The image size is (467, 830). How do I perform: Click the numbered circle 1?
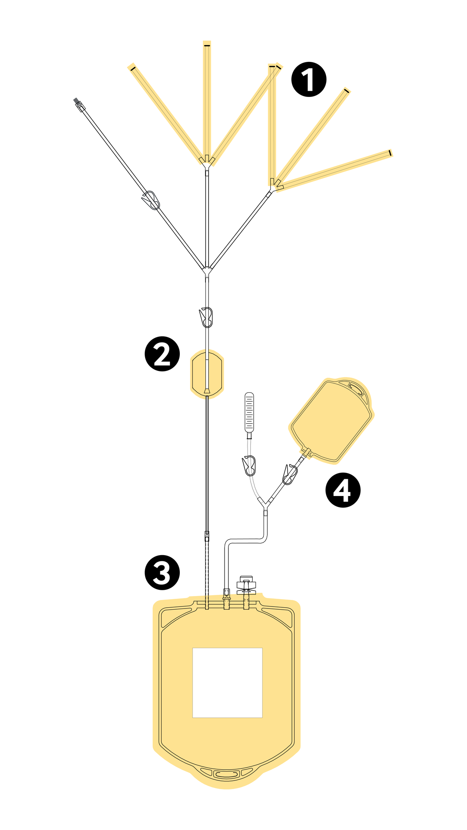click(309, 79)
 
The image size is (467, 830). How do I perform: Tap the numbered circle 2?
click(162, 353)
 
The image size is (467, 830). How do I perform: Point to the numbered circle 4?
click(342, 490)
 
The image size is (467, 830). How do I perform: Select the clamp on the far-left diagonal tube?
click(151, 200)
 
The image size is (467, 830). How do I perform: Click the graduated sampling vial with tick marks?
click(249, 412)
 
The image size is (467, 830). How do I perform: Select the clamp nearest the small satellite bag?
click(290, 474)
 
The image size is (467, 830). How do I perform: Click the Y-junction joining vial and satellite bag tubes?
click(266, 505)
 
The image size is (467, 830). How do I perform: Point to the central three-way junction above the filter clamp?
click(207, 270)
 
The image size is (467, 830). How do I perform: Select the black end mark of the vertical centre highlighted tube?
click(207, 46)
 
